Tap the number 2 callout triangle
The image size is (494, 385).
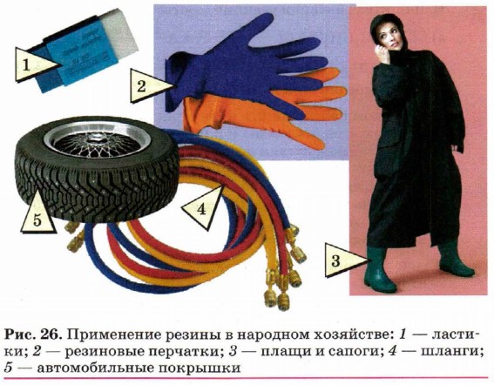pos(148,85)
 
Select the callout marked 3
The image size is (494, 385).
pos(342,260)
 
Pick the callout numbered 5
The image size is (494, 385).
pos(37,215)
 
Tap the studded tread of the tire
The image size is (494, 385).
pos(94,189)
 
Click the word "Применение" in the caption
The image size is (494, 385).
pos(114,334)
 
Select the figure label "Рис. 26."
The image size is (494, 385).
pos(33,334)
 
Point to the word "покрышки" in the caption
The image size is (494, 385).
pos(200,368)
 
